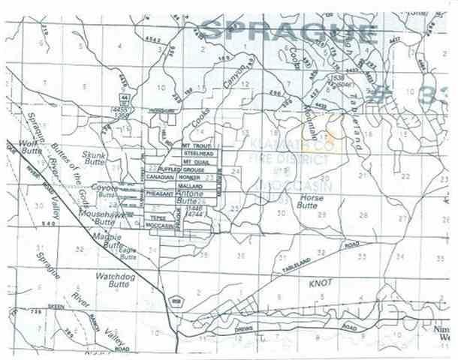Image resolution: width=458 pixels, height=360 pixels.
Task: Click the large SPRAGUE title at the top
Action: pos(289,32)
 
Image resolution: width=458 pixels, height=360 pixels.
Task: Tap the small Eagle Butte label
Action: pos(128,254)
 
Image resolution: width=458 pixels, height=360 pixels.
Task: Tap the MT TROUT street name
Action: pos(197,144)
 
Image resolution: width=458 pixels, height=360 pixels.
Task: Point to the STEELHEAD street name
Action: pos(198,153)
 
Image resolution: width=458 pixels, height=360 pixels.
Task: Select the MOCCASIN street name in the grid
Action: pos(160,225)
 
